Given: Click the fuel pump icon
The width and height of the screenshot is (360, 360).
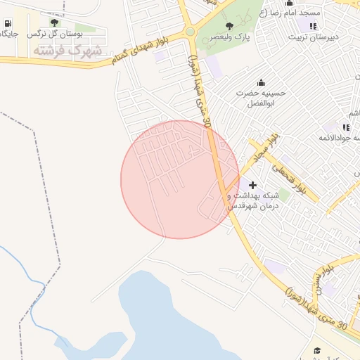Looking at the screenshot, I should (x=7, y=23).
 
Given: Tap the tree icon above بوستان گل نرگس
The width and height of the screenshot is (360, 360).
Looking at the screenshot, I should (x=54, y=22).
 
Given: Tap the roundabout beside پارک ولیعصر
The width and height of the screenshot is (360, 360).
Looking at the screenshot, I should (x=189, y=31).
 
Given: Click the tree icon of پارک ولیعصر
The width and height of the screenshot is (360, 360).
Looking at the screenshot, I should (x=229, y=26).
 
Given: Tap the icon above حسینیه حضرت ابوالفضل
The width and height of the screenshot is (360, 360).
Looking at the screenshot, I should (x=262, y=82).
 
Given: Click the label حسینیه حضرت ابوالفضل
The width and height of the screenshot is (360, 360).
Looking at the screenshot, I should (x=262, y=98).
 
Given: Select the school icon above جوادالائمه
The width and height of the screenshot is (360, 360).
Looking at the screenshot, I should (x=345, y=127).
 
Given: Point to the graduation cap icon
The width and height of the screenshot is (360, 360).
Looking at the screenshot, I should (x=317, y=350).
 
